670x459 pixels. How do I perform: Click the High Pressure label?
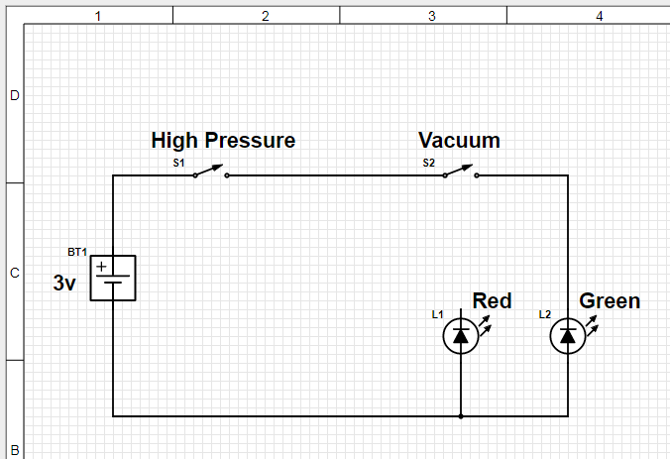click(223, 141)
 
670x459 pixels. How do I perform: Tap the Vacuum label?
click(459, 140)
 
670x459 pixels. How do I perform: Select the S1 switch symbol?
click(211, 172)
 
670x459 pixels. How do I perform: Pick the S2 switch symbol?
click(461, 172)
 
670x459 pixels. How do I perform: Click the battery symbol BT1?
click(113, 279)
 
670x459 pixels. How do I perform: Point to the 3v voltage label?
click(64, 283)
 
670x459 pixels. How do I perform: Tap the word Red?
click(492, 300)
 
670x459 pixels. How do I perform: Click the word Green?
click(610, 300)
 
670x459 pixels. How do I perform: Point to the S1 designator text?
click(178, 163)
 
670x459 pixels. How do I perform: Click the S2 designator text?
click(428, 163)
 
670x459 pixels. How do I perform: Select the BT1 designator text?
click(77, 252)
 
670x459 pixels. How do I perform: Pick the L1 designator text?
click(437, 314)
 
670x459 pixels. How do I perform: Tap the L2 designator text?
click(545, 314)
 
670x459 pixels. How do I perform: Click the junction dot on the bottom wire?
click(461, 416)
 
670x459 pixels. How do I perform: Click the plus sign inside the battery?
click(101, 267)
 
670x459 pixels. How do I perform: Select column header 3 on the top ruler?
click(432, 16)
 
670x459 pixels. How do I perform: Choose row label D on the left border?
click(15, 96)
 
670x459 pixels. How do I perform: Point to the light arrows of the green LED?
click(593, 325)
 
